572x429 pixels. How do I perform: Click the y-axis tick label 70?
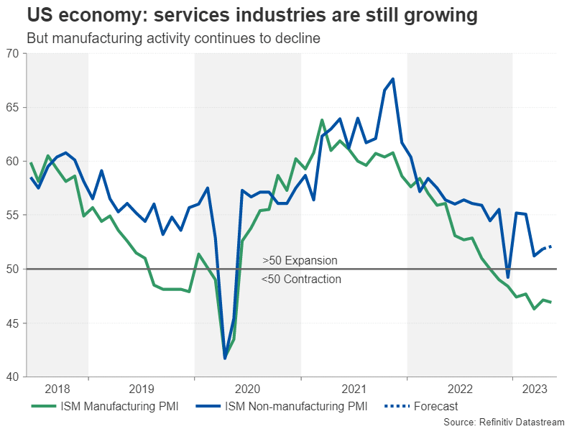click(x=13, y=53)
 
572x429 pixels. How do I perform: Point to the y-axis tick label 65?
click(x=13, y=107)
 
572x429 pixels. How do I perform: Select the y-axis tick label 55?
click(x=13, y=215)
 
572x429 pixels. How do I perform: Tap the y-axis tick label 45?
click(x=13, y=323)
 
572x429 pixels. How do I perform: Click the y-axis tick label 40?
click(x=13, y=377)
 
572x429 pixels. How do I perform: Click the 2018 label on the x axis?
click(x=57, y=389)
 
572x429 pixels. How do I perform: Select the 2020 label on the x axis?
click(x=248, y=389)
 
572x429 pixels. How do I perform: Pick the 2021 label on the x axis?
click(x=354, y=389)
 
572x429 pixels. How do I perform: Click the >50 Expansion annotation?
click(x=300, y=260)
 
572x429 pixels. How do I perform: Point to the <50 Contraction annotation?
click(x=301, y=279)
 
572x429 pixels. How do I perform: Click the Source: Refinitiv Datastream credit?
click(x=504, y=422)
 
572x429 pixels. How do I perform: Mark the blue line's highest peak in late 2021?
click(x=393, y=79)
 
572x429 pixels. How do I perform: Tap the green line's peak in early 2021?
click(x=322, y=120)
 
